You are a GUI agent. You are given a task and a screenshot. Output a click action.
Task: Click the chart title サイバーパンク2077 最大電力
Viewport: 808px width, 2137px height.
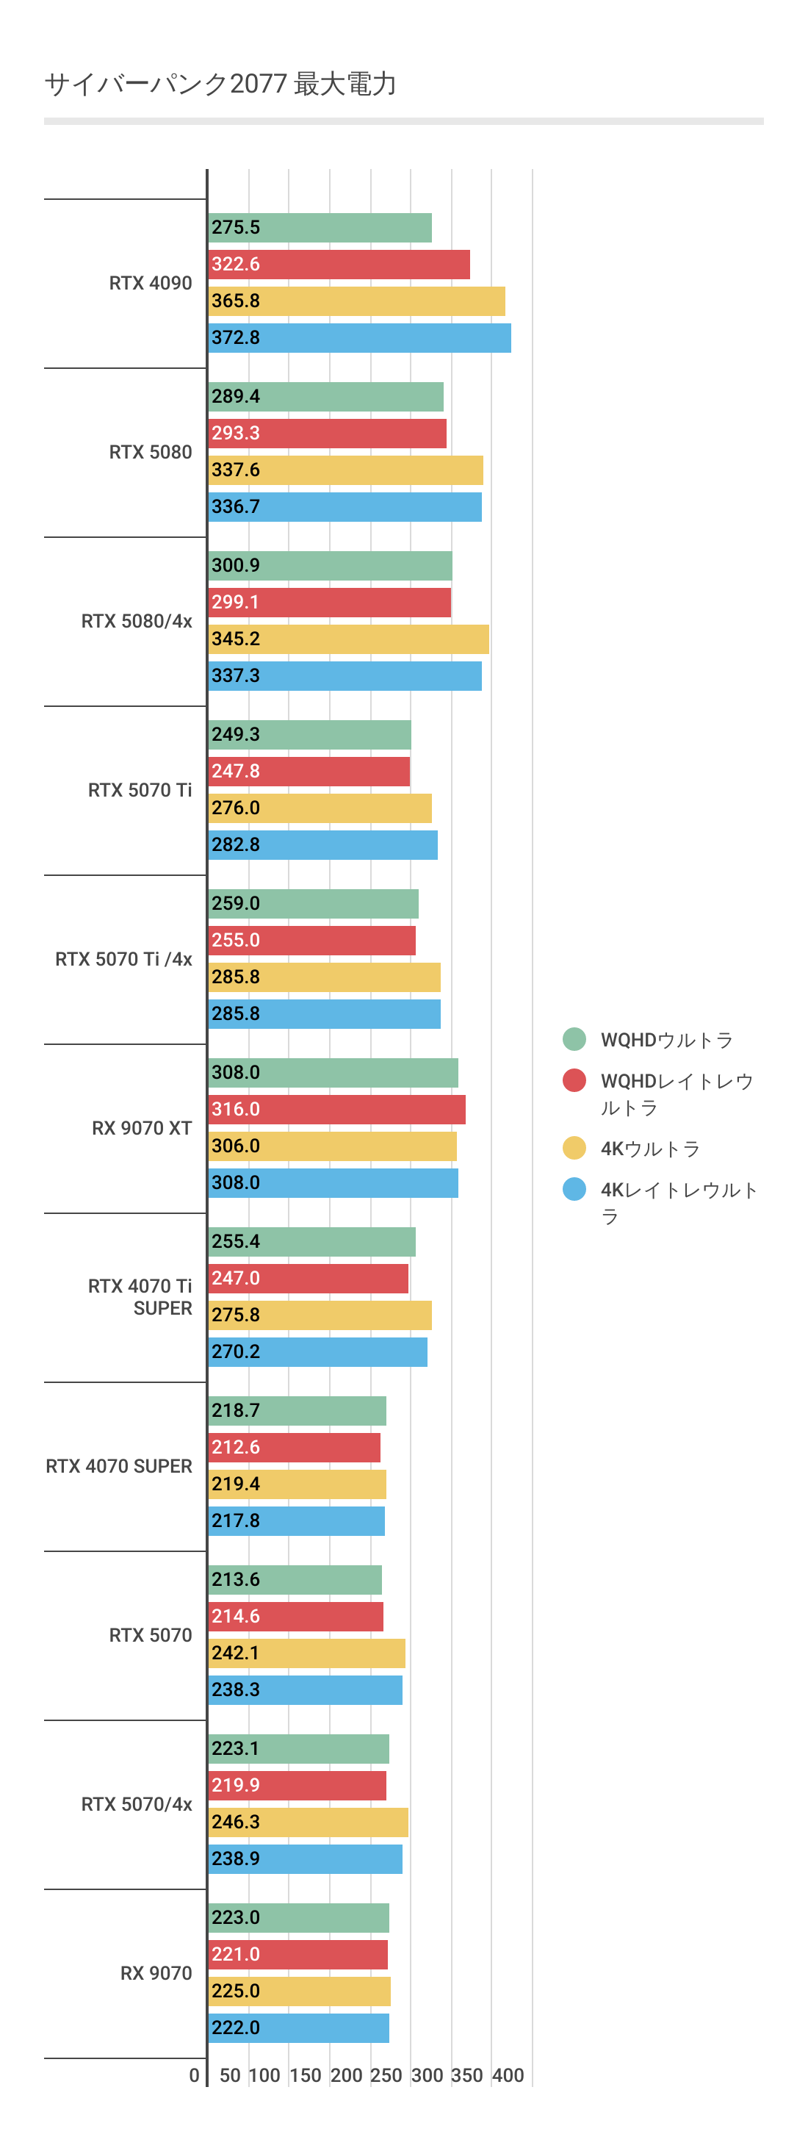[x=220, y=84]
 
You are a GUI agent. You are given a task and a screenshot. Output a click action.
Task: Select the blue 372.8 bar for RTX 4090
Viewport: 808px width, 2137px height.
[x=359, y=337]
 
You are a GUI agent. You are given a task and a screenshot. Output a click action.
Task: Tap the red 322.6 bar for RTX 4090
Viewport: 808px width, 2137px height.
[x=339, y=264]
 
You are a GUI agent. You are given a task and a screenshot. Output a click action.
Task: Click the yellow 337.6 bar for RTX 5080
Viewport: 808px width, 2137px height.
[x=345, y=470]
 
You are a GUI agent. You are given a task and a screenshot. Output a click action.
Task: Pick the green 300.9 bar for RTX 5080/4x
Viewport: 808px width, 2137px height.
[x=330, y=566]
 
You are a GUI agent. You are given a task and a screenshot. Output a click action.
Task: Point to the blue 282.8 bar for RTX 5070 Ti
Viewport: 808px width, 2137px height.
[x=322, y=844]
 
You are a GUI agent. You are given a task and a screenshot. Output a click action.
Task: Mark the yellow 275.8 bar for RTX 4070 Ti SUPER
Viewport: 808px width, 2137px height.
[x=320, y=1315]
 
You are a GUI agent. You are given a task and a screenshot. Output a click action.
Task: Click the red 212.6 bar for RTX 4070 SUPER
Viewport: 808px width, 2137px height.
[x=295, y=1448]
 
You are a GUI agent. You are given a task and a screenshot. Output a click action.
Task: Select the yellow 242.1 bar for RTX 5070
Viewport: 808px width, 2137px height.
[x=307, y=1653]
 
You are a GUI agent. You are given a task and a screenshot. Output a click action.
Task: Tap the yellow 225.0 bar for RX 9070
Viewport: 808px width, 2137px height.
[x=300, y=1991]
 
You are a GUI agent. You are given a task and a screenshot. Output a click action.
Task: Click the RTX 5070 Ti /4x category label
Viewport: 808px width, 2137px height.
[x=123, y=960]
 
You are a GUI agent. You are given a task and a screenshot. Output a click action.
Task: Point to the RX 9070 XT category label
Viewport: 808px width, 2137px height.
[x=142, y=1128]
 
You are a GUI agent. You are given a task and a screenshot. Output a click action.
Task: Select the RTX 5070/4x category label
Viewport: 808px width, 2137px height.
[x=137, y=1804]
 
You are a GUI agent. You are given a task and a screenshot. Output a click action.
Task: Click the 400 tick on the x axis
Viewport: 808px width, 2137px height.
[x=508, y=2075]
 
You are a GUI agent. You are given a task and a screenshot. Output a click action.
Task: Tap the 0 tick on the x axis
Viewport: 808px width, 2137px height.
[x=194, y=2075]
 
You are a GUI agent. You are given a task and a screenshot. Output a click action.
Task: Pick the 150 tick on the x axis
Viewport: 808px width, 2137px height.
[x=304, y=2075]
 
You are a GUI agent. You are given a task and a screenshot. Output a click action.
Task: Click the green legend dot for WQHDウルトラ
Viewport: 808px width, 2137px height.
[x=574, y=1039]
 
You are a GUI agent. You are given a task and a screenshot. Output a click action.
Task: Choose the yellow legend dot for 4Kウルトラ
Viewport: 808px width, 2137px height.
[x=574, y=1148]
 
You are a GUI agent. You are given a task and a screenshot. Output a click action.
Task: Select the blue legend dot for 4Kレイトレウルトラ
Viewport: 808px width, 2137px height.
[x=574, y=1190]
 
